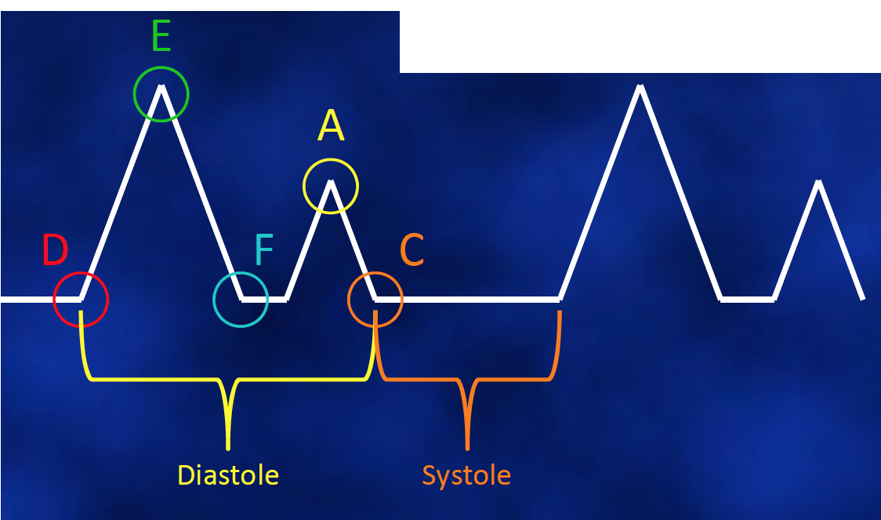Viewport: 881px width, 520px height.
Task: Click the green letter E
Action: [161, 36]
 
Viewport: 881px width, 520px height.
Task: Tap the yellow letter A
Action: [331, 126]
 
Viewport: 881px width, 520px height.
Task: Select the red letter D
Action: [55, 251]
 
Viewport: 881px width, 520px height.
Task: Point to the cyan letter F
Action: [263, 251]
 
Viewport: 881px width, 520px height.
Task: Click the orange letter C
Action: [411, 251]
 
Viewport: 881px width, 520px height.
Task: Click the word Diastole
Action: [228, 475]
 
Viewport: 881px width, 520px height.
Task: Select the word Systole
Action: [466, 475]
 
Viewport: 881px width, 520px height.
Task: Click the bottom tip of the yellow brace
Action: [228, 447]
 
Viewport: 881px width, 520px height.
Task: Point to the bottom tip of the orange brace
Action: [467, 447]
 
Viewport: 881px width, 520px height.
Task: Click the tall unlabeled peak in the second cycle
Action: [641, 86]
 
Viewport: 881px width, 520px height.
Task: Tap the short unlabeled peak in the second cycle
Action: [818, 182]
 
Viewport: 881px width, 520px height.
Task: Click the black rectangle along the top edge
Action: [640, 39]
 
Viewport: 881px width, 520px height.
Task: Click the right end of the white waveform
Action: [862, 298]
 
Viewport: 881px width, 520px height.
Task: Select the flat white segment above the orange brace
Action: [467, 299]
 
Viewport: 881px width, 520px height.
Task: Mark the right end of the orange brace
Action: [560, 314]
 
